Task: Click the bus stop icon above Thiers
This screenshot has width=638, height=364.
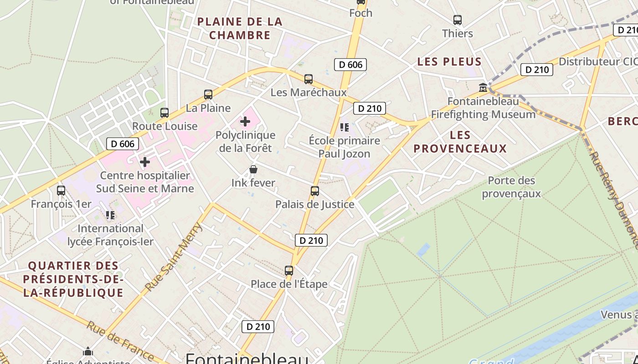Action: [458, 20]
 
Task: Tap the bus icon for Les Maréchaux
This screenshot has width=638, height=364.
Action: [309, 79]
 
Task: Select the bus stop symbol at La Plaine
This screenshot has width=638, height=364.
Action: [208, 95]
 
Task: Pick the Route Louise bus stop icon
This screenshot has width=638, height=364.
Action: [165, 113]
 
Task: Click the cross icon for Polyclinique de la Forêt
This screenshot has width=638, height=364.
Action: [245, 121]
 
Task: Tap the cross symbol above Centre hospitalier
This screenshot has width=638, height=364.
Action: [145, 162]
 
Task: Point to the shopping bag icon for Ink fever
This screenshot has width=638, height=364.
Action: [253, 170]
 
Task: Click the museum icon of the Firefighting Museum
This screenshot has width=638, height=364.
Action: [483, 87]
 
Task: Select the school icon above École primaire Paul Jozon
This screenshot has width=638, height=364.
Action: [344, 127]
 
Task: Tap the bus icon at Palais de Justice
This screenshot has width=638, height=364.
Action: [315, 191]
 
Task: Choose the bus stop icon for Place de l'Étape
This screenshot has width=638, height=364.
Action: [289, 271]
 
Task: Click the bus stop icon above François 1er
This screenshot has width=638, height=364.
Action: [61, 191]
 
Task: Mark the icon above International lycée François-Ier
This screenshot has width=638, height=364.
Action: [110, 215]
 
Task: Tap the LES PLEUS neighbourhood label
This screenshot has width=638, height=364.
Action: [449, 62]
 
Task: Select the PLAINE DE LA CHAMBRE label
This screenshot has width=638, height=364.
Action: [240, 28]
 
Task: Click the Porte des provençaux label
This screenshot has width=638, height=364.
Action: [511, 187]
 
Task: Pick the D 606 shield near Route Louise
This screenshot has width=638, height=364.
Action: [123, 144]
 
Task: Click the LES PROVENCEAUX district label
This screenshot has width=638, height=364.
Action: [460, 142]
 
